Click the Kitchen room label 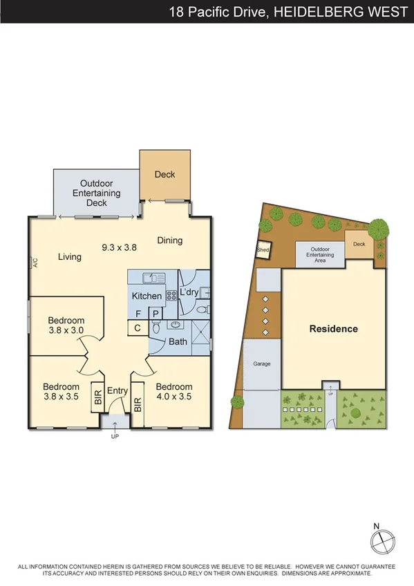pyautogui.click(x=147, y=296)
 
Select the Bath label pyautogui.click(x=178, y=341)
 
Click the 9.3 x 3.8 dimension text pyautogui.click(x=120, y=247)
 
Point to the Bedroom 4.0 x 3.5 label pyautogui.click(x=173, y=392)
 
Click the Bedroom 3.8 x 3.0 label pyautogui.click(x=66, y=325)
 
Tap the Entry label pyautogui.click(x=117, y=391)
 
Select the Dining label pyautogui.click(x=169, y=240)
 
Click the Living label pyautogui.click(x=69, y=257)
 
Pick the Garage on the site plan pyautogui.click(x=261, y=363)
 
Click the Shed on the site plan pyautogui.click(x=263, y=250)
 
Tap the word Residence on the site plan pyautogui.click(x=333, y=329)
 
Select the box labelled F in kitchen pyautogui.click(x=138, y=314)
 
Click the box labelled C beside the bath pyautogui.click(x=138, y=328)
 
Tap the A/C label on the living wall pyautogui.click(x=32, y=263)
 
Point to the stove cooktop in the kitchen pyautogui.click(x=170, y=294)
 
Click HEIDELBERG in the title pyautogui.click(x=311, y=11)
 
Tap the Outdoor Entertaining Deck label pyautogui.click(x=97, y=193)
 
